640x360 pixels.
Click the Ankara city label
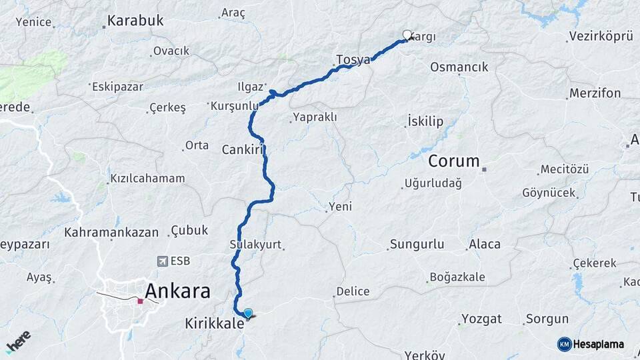[x=177, y=291]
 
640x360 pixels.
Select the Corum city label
[x=454, y=161]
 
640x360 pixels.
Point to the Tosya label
[x=353, y=59]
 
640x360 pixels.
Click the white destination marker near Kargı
[x=407, y=35]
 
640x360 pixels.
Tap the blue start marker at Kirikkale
[x=248, y=313]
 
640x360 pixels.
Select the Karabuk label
[x=136, y=21]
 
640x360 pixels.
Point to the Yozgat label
[x=481, y=319]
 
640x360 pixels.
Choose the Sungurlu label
[x=417, y=244]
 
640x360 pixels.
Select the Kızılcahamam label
[x=147, y=179]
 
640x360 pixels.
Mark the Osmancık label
[x=459, y=67]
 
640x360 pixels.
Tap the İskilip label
[x=425, y=121]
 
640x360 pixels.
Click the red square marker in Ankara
[x=140, y=301]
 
